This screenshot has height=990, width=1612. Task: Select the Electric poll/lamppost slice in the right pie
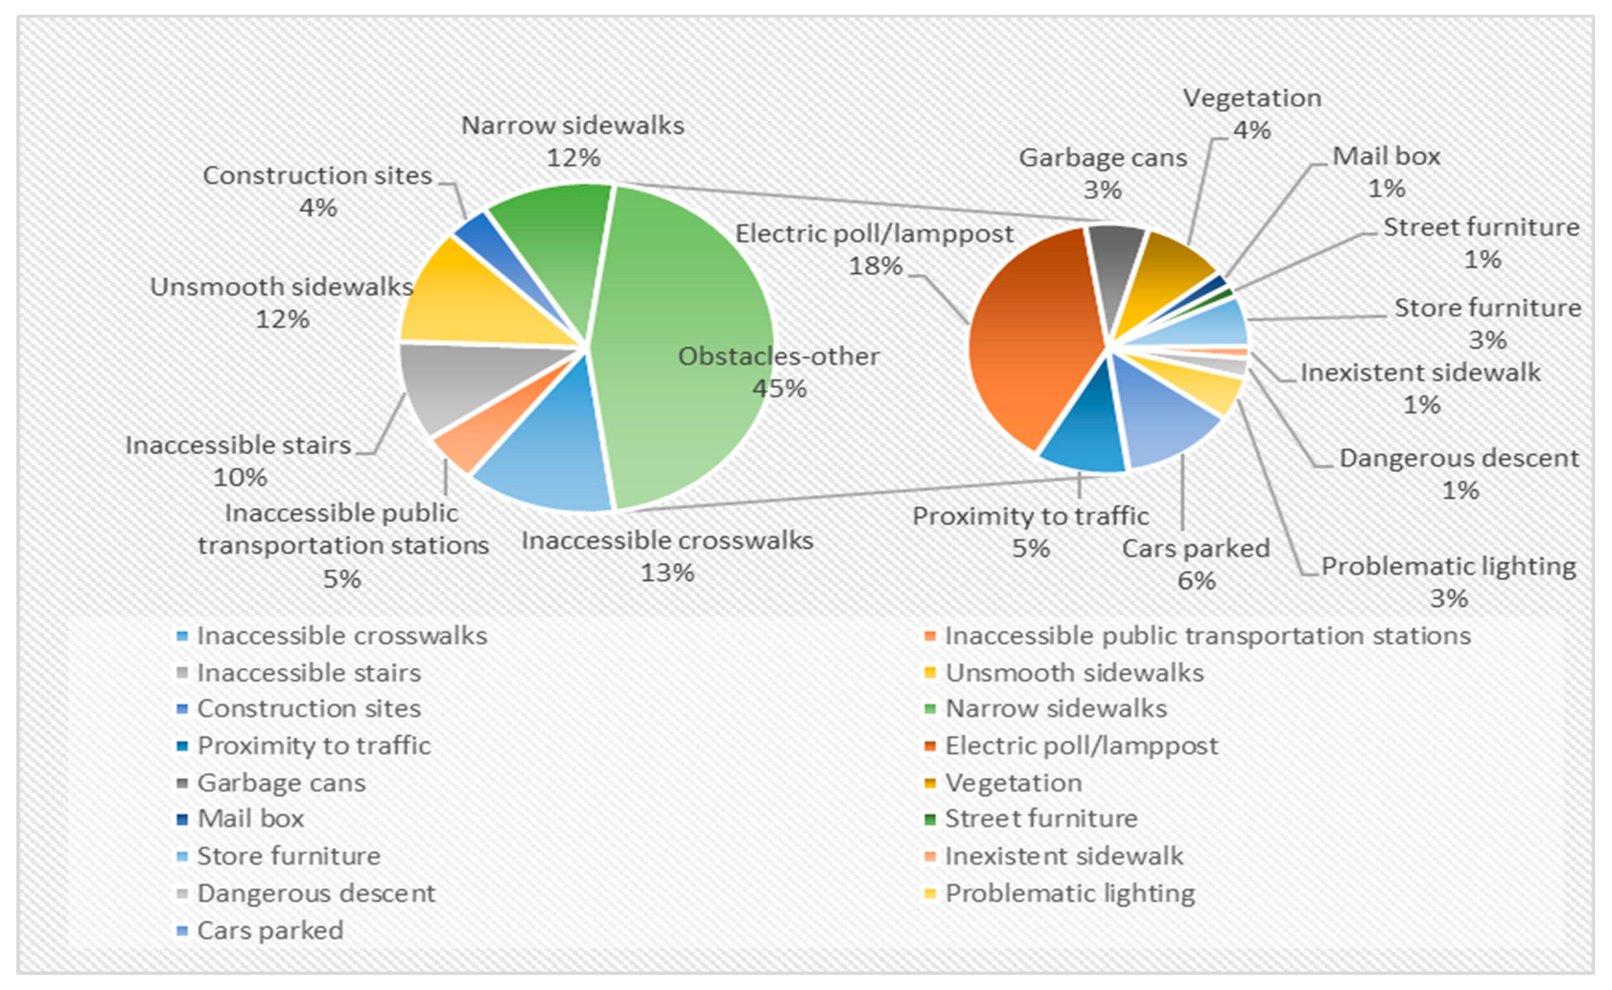(1028, 347)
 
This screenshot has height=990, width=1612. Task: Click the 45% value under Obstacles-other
(779, 388)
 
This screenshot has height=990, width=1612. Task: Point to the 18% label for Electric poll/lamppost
(875, 266)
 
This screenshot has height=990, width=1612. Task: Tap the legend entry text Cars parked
(270, 930)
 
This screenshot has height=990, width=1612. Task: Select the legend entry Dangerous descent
(316, 893)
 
